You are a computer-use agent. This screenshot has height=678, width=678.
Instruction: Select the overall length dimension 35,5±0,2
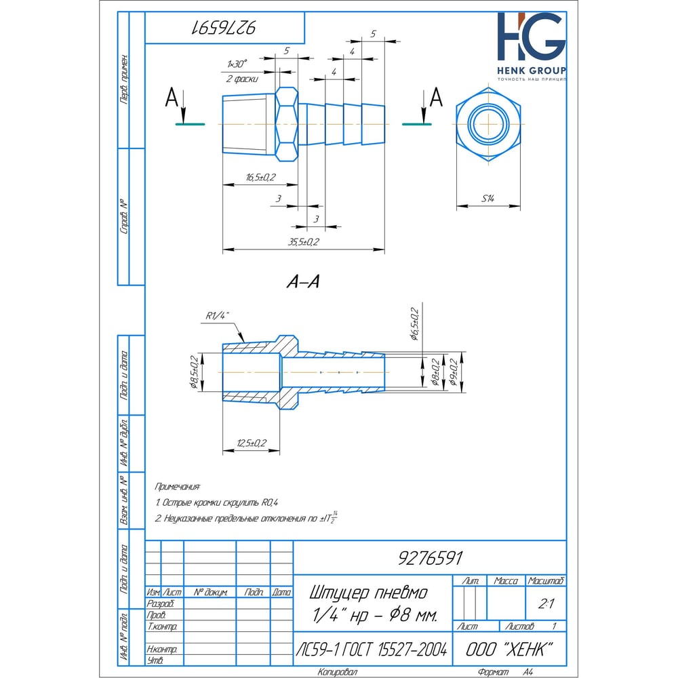304,242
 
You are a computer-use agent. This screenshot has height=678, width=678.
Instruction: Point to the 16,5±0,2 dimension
260,178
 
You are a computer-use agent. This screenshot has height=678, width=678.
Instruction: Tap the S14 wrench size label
488,199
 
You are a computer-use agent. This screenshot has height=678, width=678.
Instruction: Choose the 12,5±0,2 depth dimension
251,443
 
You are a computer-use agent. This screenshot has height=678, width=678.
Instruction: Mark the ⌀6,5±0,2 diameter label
415,324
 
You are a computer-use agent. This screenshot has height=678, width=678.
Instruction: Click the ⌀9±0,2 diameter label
453,373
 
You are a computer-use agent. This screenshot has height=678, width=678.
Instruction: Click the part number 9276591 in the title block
428,558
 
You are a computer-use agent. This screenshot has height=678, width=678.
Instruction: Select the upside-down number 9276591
224,28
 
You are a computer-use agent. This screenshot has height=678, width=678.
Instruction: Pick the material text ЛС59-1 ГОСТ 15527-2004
372,650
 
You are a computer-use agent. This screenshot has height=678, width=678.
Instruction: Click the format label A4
527,672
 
